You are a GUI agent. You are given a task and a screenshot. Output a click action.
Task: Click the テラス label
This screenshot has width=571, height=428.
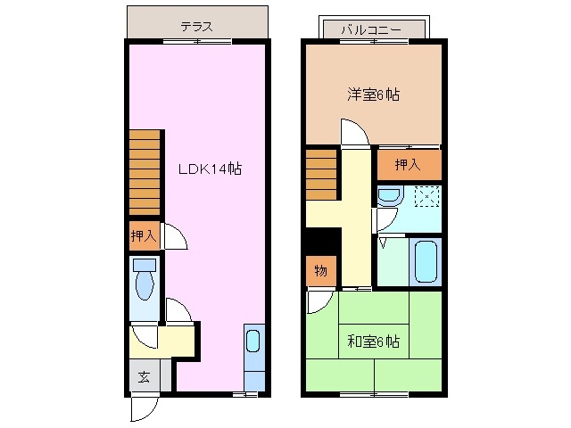196,27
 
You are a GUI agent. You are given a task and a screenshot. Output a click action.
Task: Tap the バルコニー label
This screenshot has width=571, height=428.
373,29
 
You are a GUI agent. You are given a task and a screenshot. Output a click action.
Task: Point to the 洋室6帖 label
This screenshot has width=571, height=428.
372,94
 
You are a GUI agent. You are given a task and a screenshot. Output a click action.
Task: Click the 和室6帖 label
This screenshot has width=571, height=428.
372,341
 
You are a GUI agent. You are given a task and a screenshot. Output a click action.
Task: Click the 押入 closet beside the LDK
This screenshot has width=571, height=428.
143,236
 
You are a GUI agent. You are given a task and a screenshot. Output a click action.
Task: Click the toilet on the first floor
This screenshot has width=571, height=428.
144,280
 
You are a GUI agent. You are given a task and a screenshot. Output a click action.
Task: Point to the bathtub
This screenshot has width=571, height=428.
426,259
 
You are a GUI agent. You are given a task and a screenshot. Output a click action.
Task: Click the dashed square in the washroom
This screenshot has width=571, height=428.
427,196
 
